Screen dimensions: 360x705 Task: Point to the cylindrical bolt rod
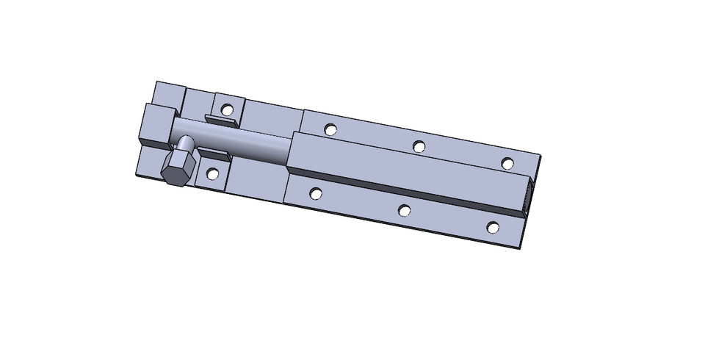coord(242,144)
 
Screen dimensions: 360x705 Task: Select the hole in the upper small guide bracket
coord(228,109)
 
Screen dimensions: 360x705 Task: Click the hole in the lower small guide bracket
coord(212,175)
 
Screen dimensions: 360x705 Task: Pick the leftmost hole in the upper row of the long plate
coord(330,129)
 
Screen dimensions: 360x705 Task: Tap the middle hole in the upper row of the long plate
coord(419,146)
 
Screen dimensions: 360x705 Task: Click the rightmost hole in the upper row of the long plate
coord(507,162)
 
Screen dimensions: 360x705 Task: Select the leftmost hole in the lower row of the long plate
coord(316,194)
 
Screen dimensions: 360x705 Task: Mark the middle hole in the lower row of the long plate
coord(404,211)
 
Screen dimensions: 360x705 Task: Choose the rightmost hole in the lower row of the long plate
coord(492,228)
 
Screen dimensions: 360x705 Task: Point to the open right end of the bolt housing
coord(527,197)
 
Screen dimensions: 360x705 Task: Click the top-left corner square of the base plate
coord(168,94)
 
